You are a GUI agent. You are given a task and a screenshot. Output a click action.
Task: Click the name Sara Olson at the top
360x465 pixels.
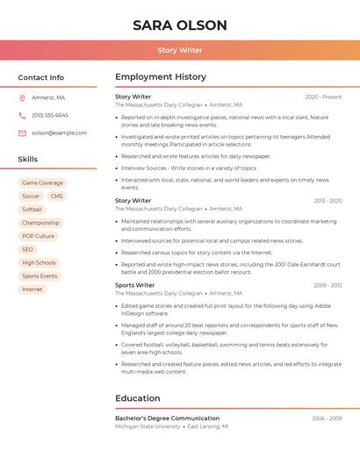pyautogui.click(x=180, y=25)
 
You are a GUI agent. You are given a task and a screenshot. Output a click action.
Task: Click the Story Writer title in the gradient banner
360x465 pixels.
pyautogui.click(x=180, y=50)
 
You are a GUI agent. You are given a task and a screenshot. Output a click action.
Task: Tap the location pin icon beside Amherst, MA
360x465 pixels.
pyautogui.click(x=22, y=97)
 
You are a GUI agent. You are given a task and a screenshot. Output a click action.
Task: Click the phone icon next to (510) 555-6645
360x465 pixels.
pyautogui.click(x=22, y=115)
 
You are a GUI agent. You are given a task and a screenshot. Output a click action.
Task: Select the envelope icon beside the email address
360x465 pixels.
pyautogui.click(x=22, y=132)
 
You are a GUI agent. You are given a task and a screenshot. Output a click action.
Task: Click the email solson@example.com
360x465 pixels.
pyautogui.click(x=59, y=132)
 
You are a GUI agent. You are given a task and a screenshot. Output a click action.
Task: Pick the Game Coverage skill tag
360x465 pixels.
pyautogui.click(x=42, y=182)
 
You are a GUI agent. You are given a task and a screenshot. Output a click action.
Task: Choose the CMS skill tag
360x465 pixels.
pyautogui.click(x=56, y=196)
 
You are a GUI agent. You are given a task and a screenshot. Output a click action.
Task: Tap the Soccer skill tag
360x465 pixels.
pyautogui.click(x=31, y=196)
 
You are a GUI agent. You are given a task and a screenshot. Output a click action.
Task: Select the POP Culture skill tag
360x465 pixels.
pyautogui.click(x=38, y=236)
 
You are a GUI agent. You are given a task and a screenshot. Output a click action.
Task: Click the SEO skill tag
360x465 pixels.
pyautogui.click(x=27, y=249)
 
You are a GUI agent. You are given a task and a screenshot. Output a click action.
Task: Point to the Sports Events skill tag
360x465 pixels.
pyautogui.click(x=40, y=275)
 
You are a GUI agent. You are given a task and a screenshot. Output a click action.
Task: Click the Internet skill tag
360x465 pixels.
pyautogui.click(x=32, y=289)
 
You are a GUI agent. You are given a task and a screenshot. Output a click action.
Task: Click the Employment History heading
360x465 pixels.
pyautogui.click(x=160, y=77)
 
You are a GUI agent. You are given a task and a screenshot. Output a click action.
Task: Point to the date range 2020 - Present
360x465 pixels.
pyautogui.click(x=323, y=97)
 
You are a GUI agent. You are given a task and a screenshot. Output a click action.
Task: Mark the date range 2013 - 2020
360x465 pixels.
pyautogui.click(x=328, y=201)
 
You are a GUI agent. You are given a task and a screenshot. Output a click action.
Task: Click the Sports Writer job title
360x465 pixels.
pyautogui.click(x=134, y=285)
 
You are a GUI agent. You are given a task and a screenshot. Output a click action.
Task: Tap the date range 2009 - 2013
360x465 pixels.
pyautogui.click(x=328, y=285)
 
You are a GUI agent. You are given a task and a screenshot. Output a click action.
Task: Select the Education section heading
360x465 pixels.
pyautogui.click(x=137, y=398)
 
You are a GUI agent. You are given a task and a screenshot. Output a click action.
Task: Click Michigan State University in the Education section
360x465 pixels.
pyautogui.click(x=148, y=426)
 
